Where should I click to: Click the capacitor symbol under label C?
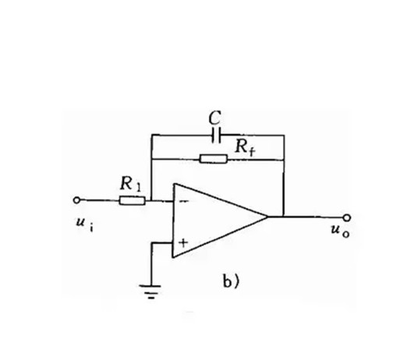[x=216, y=136]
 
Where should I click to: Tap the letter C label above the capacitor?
[x=215, y=118]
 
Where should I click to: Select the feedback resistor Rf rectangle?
[x=214, y=159]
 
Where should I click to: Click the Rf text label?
[x=245, y=147]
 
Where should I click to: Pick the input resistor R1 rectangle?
[x=133, y=200]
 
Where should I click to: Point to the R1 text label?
[x=130, y=183]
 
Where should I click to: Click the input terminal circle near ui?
[x=76, y=200]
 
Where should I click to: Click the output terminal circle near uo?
[x=346, y=218]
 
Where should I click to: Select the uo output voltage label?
[x=340, y=231]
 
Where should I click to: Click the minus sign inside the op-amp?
[x=184, y=201]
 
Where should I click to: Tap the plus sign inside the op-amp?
[x=183, y=242]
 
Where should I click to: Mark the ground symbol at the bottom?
[x=151, y=291]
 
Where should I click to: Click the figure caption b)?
[x=231, y=282]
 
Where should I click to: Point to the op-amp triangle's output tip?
[x=267, y=217]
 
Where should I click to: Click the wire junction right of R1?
[x=151, y=200]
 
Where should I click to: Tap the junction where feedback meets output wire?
[x=284, y=217]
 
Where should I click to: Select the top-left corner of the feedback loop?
[x=151, y=136]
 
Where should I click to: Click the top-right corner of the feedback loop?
[x=284, y=136]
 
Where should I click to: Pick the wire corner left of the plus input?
[x=151, y=243]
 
